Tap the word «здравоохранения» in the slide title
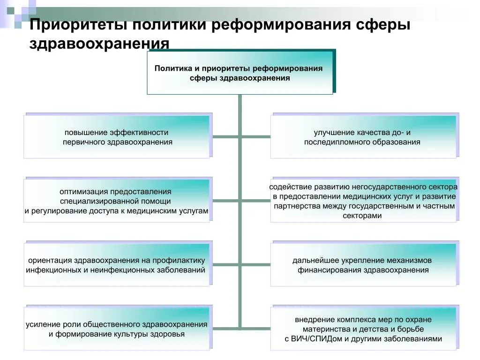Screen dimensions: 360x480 coord(99,44)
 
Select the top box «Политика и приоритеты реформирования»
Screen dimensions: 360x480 coord(240,73)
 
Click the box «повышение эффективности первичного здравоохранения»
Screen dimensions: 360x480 coord(117,137)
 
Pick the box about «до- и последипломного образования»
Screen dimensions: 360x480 coord(363,137)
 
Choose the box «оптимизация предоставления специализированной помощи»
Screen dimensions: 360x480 coord(117,201)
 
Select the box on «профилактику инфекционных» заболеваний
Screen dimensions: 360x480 coord(117,265)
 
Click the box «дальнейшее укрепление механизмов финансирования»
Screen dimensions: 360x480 coord(363,265)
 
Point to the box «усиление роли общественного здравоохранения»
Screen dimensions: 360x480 coord(117,329)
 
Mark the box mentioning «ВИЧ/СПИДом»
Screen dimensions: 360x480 coord(363,329)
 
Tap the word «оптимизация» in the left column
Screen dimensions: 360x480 coord(83,192)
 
